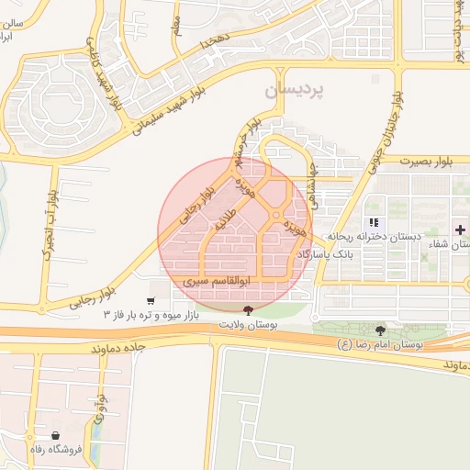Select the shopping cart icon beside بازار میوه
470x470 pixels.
[151, 301]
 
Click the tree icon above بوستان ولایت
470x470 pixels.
[250, 311]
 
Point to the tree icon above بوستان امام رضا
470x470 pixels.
[381, 330]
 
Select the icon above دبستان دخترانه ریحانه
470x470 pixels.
[373, 222]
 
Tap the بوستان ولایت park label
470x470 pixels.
[250, 324]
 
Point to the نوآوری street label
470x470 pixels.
[100, 409]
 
